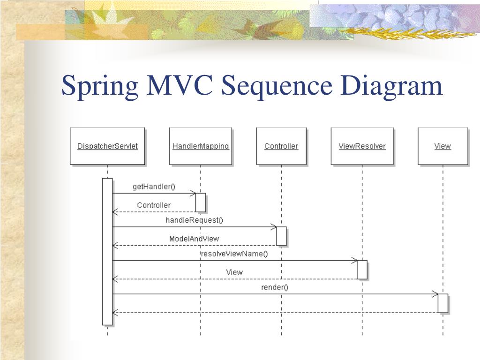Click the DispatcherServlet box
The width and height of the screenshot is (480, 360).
107,146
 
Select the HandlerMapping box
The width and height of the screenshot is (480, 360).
201,146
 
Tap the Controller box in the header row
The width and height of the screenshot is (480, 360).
281,146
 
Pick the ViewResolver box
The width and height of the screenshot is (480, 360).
362,146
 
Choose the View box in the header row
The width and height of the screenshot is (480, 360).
442,146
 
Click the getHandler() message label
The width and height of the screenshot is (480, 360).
154,187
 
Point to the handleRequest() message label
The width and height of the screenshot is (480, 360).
195,220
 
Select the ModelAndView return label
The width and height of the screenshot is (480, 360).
194,239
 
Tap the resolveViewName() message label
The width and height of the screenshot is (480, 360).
234,254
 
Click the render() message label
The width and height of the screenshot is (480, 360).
275,287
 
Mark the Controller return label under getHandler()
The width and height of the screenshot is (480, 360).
154,205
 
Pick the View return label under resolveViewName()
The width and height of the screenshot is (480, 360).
234,272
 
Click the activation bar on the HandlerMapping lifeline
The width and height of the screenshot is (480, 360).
201,202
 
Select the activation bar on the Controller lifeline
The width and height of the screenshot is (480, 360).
281,236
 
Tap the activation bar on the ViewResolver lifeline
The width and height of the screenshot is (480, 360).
362,270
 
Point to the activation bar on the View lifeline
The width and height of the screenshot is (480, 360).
442,303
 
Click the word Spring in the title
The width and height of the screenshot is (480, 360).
99,86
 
